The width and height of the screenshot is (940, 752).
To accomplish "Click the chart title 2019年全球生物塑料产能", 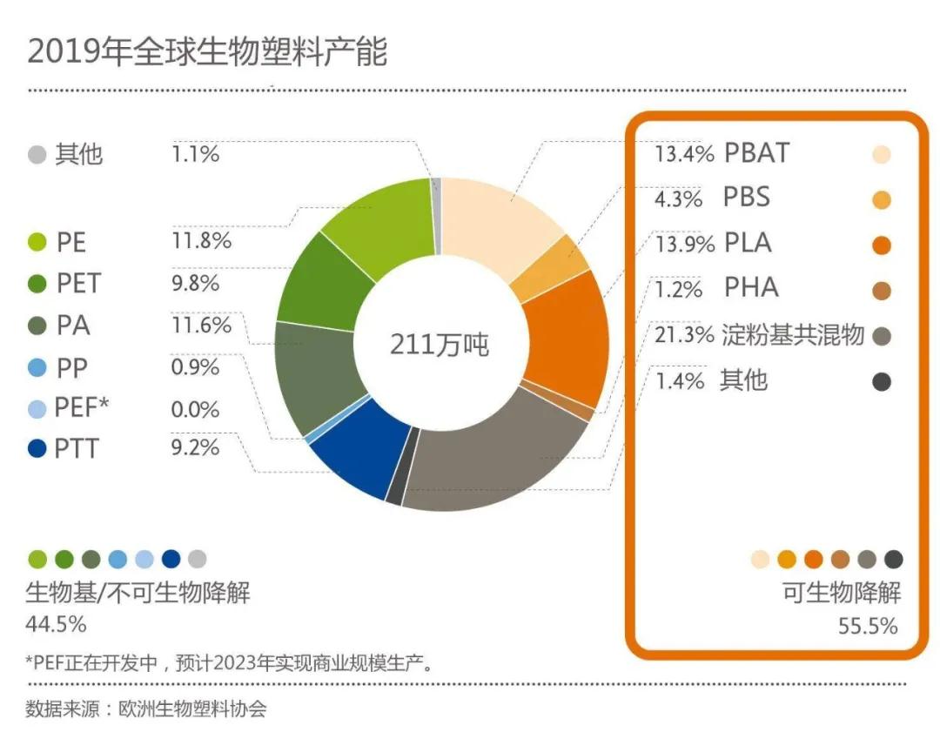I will [x=207, y=52].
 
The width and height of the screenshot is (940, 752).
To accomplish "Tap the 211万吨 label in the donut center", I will [x=439, y=345].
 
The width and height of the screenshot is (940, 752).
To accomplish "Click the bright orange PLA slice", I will [x=566, y=339].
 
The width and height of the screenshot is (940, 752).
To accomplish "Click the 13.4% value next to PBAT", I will [x=684, y=154].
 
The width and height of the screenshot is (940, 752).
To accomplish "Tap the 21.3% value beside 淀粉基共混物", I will [x=684, y=335].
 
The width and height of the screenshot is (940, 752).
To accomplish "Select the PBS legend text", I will [x=747, y=198].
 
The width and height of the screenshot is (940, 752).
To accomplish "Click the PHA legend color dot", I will [x=881, y=291].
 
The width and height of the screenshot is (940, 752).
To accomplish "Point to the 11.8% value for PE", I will [x=202, y=241].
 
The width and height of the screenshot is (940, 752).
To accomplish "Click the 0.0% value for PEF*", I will [x=195, y=409].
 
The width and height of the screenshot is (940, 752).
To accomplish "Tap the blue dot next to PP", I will [x=37, y=368].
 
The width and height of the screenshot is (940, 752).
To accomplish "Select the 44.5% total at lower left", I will [x=57, y=624].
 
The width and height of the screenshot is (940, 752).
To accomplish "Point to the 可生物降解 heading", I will [x=842, y=594].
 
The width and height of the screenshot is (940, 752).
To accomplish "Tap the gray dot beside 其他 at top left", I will [x=37, y=156].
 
